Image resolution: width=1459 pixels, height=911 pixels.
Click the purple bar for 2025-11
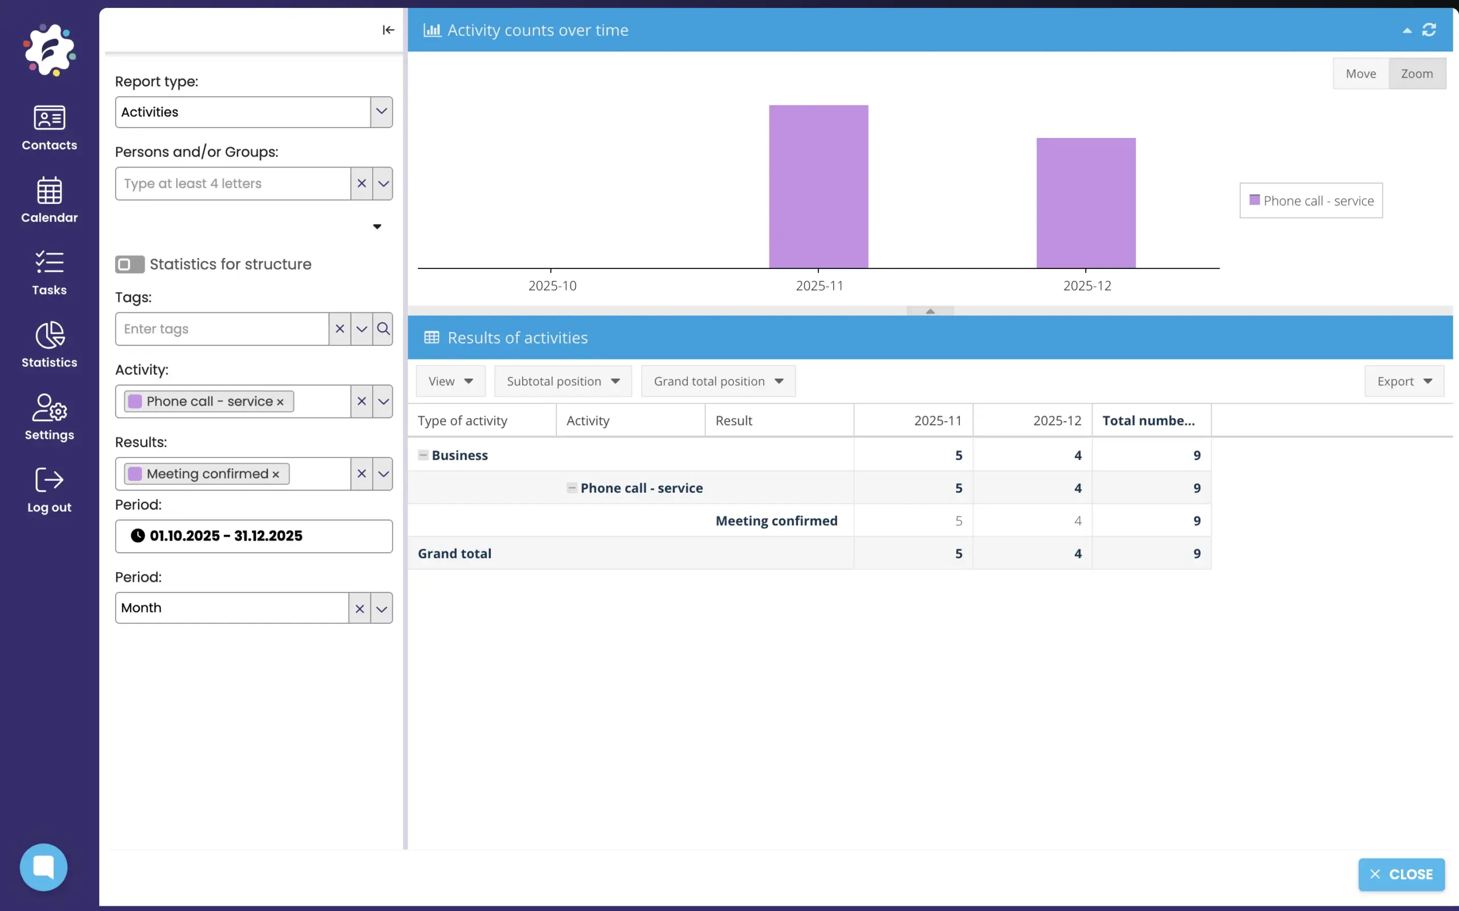click(x=818, y=187)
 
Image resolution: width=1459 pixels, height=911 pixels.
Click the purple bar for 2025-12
click(x=1085, y=203)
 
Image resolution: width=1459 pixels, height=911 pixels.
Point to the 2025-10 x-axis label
click(x=552, y=285)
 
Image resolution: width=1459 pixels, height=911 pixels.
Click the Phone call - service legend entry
click(x=1311, y=201)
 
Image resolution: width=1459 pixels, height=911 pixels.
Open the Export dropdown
click(x=1404, y=381)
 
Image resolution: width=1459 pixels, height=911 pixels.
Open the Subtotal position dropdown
click(x=563, y=381)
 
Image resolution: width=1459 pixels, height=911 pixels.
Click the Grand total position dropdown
click(x=718, y=381)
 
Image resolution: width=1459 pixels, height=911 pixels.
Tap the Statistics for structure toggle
click(x=129, y=264)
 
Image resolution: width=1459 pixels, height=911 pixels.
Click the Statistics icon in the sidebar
click(x=50, y=344)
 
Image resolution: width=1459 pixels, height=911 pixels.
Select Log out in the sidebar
click(x=50, y=489)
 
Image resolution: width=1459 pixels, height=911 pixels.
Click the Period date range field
click(x=254, y=536)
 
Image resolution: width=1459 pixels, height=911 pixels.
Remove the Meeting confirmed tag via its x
click(x=276, y=475)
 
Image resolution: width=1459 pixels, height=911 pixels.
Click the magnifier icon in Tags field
click(x=382, y=329)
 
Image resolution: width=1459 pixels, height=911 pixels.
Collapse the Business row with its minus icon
click(x=423, y=455)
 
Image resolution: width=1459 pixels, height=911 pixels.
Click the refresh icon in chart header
click(x=1429, y=30)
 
